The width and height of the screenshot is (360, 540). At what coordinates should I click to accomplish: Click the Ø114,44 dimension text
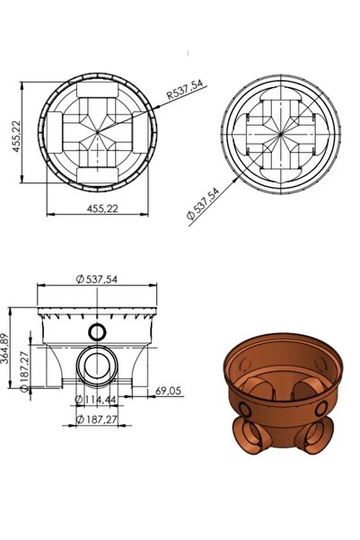point(96,398)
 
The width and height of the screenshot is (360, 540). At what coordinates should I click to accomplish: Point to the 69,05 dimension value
point(168,392)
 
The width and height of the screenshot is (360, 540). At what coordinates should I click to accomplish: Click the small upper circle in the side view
point(98,332)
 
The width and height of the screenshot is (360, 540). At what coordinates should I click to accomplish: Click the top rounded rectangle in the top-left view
point(101,90)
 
